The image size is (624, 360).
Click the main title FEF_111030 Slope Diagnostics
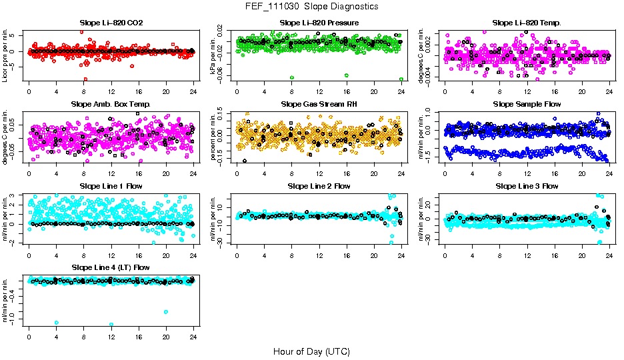312,7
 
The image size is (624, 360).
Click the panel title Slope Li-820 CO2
111,23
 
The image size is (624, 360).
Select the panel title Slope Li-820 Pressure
319,23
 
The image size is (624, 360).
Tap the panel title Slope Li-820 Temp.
527,23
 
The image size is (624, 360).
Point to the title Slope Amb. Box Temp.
111,105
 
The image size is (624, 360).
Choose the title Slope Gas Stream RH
319,105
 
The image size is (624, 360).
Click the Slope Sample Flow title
527,105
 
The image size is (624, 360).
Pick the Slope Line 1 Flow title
111,186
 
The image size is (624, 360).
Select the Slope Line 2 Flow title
319,186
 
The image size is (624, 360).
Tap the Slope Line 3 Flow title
527,186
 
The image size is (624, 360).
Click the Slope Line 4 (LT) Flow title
111,267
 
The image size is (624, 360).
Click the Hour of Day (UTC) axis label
311,351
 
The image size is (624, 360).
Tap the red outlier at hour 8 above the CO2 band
81,32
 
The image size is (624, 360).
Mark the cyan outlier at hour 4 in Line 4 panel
57,323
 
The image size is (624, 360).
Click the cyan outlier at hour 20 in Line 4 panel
165,312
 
